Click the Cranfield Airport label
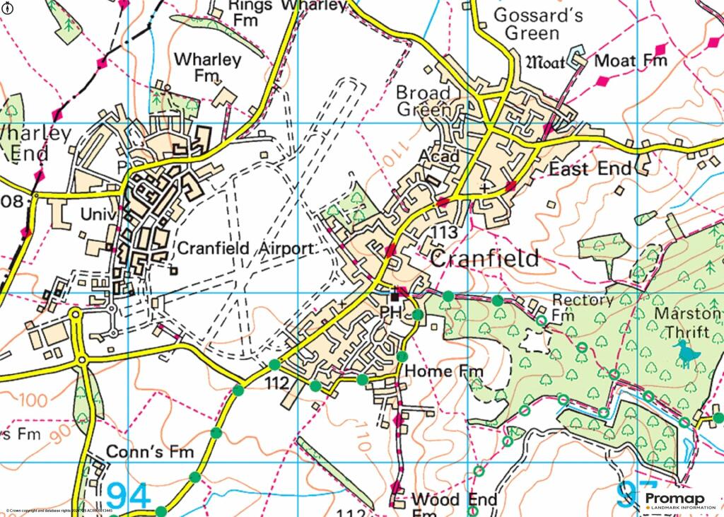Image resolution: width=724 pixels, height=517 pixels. tap(244, 249)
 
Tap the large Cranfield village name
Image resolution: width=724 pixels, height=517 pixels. tap(484, 258)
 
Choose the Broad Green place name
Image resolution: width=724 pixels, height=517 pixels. tap(424, 101)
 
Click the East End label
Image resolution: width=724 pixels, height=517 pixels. tap(590, 169)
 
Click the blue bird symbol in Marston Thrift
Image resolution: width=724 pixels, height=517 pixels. tap(685, 352)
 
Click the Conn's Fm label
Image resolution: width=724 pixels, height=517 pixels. tap(149, 451)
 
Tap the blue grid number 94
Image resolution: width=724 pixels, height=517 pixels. tap(129, 495)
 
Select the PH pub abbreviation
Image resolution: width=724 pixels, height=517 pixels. tap(391, 312)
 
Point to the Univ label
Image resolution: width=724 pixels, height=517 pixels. tap(98, 213)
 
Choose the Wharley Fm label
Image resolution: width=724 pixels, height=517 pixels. tap(208, 66)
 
